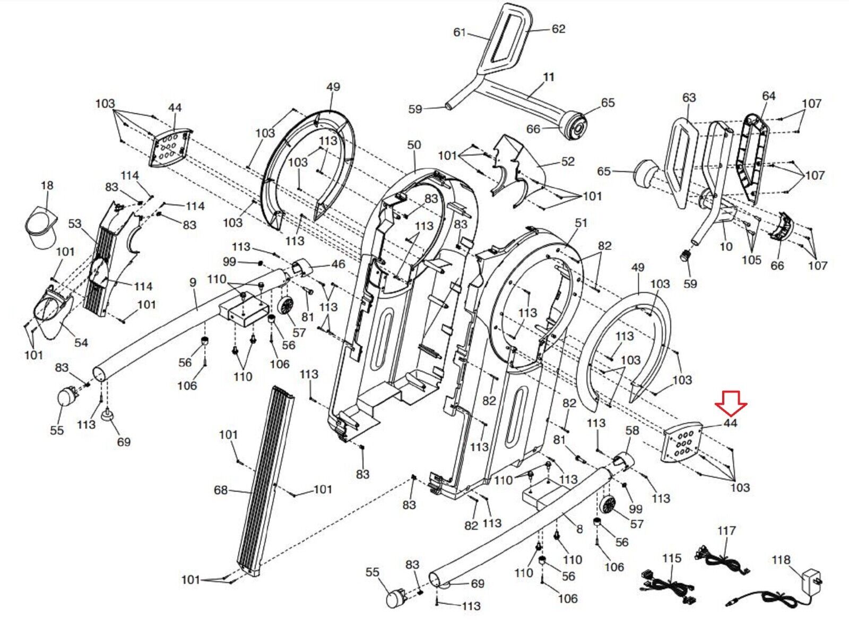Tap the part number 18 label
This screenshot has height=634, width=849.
[x=47, y=185]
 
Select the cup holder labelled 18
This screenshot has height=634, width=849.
[x=41, y=228]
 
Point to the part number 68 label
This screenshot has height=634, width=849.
[x=220, y=491]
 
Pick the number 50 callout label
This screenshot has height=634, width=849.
[x=413, y=145]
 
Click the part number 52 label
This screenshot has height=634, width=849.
[x=567, y=161]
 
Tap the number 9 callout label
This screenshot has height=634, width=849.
[x=193, y=282]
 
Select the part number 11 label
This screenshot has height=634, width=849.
[x=549, y=78]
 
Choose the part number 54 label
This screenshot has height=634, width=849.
[x=81, y=342]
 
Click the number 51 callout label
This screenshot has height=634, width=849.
[x=581, y=223]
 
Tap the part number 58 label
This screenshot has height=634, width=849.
[x=633, y=431]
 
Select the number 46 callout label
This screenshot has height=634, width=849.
[x=338, y=264]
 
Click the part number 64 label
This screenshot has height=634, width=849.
[x=768, y=96]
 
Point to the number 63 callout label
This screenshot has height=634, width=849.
[x=689, y=98]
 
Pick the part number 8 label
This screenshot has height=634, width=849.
[x=579, y=529]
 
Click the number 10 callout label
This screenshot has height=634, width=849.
[x=726, y=246]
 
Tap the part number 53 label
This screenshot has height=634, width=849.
[x=75, y=224]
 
